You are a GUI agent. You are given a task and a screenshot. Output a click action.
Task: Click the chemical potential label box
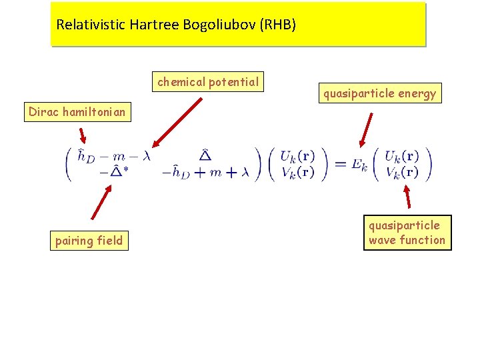tap(208, 82)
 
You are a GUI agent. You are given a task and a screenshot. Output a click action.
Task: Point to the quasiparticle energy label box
tap(379, 93)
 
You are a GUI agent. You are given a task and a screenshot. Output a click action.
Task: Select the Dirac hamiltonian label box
tap(77, 112)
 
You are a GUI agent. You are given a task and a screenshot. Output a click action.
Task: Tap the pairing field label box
tap(89, 241)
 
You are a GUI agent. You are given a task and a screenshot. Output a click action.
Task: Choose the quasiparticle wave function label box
tap(407, 233)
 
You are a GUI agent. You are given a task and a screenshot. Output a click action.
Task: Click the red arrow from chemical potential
tap(177, 121)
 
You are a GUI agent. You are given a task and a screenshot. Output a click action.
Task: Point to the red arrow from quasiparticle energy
tap(366, 129)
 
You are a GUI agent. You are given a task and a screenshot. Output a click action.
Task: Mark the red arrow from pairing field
tap(100, 203)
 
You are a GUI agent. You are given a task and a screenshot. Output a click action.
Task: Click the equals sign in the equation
tap(339, 164)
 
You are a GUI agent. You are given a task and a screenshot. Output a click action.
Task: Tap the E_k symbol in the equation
tap(360, 165)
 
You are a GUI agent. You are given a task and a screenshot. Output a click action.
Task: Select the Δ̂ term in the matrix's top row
tap(205, 155)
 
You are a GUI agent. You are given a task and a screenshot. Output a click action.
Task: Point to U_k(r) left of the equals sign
tap(297, 157)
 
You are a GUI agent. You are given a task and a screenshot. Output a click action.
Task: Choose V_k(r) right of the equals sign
tap(402, 172)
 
